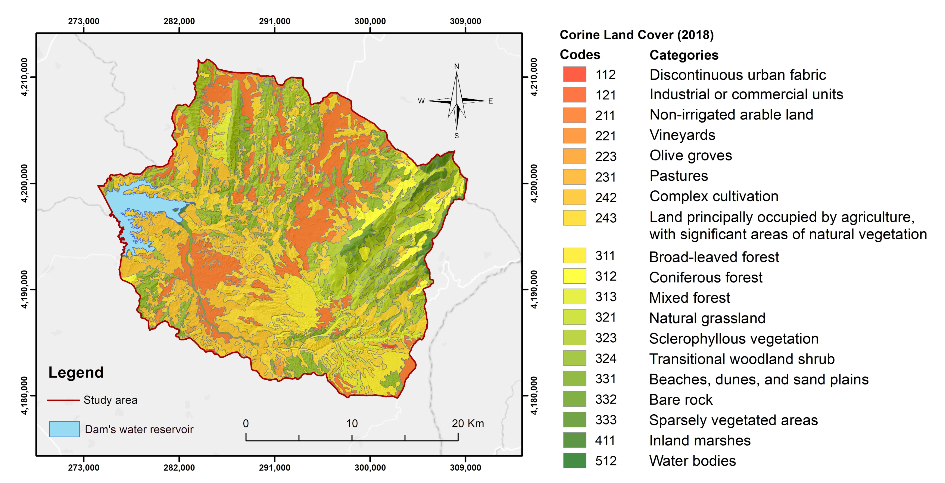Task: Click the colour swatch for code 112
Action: [574, 74]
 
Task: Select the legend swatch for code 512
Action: [574, 461]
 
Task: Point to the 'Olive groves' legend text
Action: [690, 156]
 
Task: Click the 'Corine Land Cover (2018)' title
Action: [636, 35]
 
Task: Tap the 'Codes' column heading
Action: [580, 55]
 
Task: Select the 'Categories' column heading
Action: [684, 55]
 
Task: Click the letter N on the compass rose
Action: [456, 66]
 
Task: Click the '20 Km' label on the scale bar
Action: [468, 424]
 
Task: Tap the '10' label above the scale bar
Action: [352, 424]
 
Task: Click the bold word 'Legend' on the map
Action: [76, 373]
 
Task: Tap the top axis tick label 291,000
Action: [274, 21]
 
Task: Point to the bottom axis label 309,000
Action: [465, 468]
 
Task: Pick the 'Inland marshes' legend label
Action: [700, 440]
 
